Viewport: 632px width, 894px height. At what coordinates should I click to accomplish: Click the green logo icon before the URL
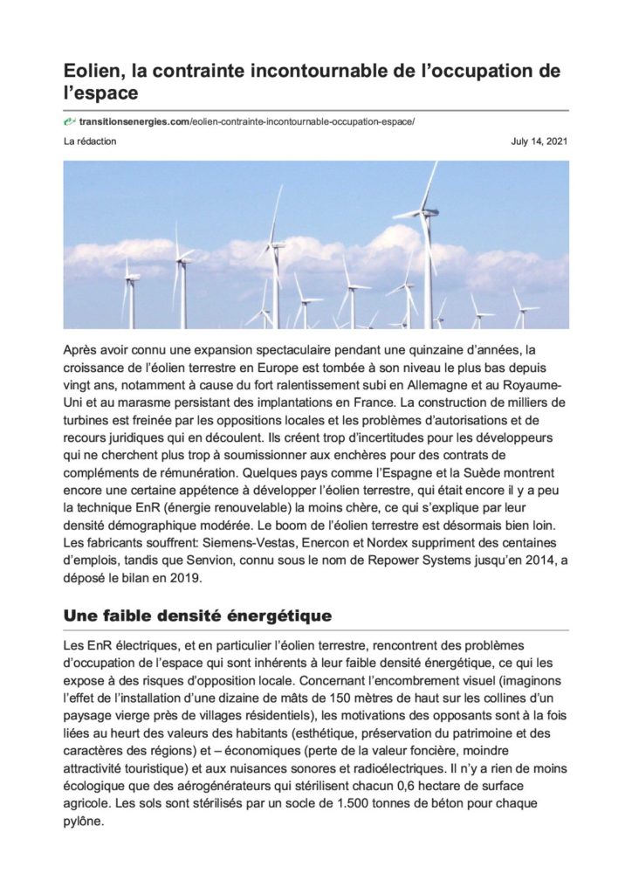click(x=70, y=120)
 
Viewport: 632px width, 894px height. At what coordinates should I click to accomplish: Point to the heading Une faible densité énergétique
click(x=197, y=615)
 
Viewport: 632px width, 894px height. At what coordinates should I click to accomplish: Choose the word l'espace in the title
click(x=101, y=91)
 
